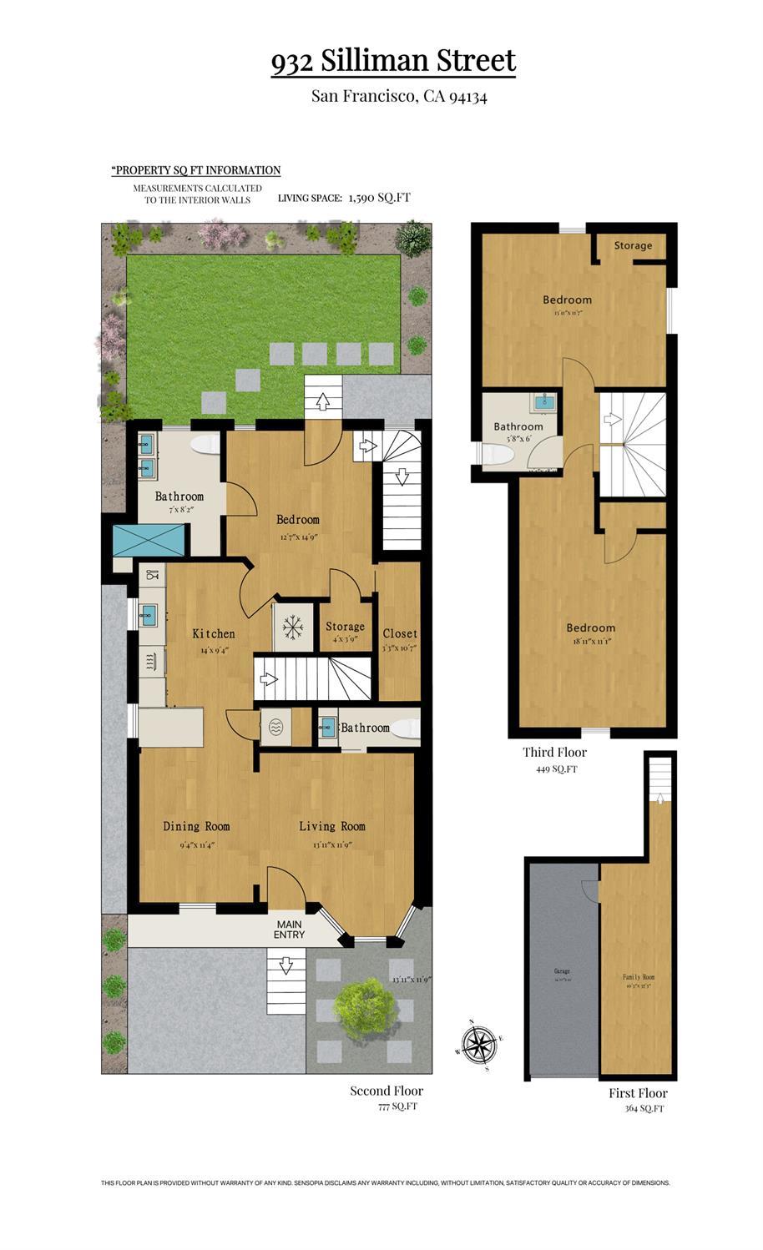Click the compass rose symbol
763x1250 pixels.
coord(478,1044)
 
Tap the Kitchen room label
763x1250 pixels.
coord(214,633)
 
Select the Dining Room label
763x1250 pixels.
coord(196,826)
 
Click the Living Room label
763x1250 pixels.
coord(332,826)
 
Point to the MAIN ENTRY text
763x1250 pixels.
coord(290,930)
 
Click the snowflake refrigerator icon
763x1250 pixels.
coord(292,627)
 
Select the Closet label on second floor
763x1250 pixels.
coord(400,633)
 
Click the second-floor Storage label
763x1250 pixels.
coord(345,627)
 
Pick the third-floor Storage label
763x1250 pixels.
coord(633,245)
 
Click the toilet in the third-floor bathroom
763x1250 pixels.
coord(498,454)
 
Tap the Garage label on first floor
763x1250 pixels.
coord(562,971)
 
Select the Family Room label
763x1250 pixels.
coord(638,977)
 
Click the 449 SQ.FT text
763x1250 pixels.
coord(556,769)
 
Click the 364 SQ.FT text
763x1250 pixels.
coord(644,1109)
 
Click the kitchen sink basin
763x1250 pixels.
coord(149,616)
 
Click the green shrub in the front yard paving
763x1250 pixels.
coord(361,1001)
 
